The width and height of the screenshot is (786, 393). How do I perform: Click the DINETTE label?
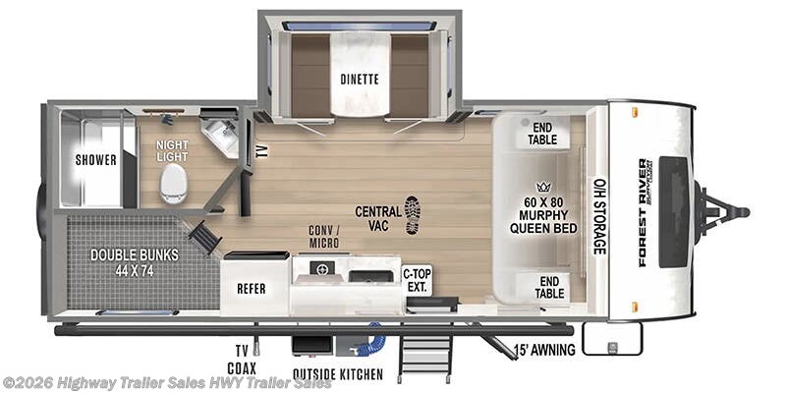click(x=360, y=78)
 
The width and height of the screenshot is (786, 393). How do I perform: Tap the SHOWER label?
click(x=95, y=160)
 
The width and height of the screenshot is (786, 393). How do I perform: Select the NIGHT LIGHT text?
click(x=172, y=150)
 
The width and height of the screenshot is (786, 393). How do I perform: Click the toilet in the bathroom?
click(x=173, y=183)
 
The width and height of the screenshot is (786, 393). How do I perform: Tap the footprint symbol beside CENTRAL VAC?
click(x=413, y=213)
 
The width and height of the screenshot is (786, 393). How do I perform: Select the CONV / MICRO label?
click(x=324, y=237)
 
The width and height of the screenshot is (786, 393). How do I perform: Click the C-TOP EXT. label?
click(x=418, y=280)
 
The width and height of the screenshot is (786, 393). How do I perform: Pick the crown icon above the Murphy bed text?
click(x=541, y=186)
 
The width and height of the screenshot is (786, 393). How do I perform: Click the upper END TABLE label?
click(x=543, y=133)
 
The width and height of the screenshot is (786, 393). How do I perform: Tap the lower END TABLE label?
click(x=549, y=286)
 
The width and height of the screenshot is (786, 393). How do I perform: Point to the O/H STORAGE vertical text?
click(x=597, y=216)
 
